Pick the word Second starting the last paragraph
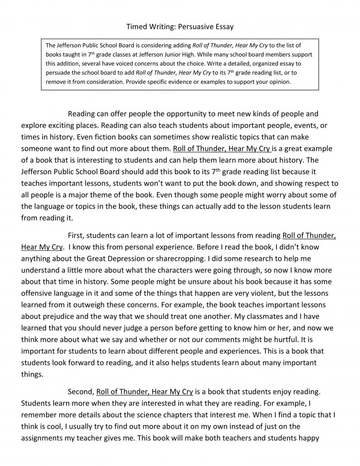(80, 392)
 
